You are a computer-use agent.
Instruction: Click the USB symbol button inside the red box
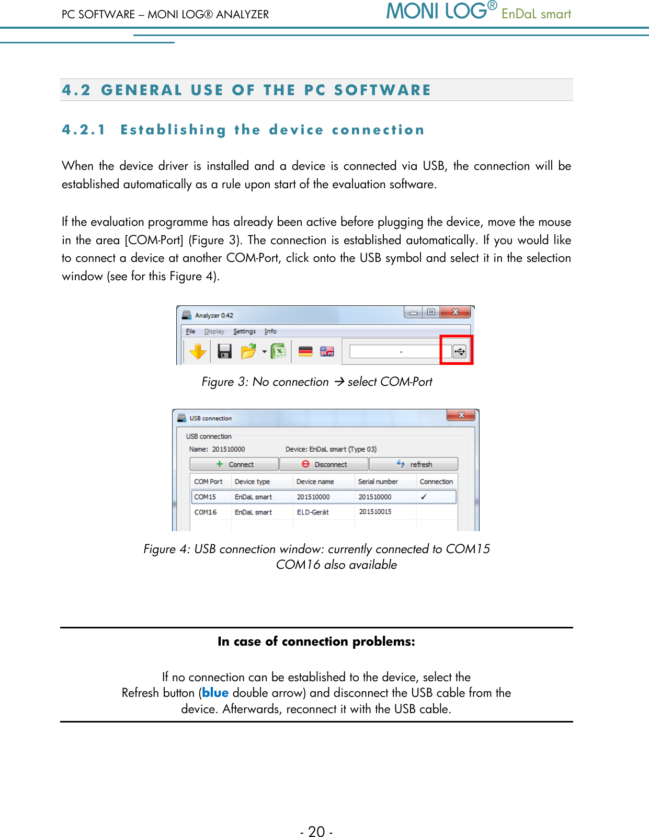coord(459,351)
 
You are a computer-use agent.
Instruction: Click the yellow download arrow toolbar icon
coord(198,351)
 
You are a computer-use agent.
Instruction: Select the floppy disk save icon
coord(224,351)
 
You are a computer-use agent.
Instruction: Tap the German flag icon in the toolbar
coord(305,351)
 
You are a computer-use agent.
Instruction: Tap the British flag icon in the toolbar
coord(327,351)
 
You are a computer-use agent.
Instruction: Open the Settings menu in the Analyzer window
coord(244,331)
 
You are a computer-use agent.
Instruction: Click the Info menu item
coord(270,331)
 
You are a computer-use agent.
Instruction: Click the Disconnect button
coord(324,464)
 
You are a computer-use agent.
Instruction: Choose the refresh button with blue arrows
coord(414,464)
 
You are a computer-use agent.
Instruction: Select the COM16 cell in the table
coord(206,512)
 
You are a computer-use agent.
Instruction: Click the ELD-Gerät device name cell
coord(313,512)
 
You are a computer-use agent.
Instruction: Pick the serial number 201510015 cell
coord(375,512)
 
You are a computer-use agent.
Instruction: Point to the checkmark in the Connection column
coord(424,497)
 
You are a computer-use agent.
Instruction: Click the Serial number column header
coord(378,481)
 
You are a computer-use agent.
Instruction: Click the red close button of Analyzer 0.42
coord(455,312)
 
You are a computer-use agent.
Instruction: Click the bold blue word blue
coord(215,693)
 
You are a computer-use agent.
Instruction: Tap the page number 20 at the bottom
coord(316,831)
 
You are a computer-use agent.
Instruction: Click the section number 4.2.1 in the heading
coord(84,130)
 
